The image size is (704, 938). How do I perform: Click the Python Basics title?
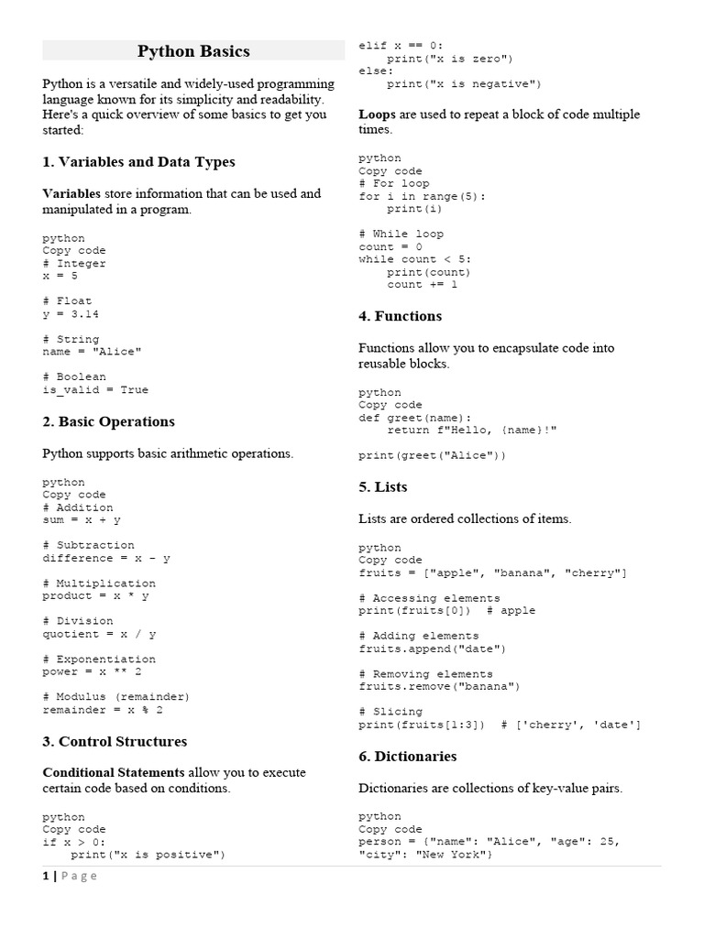click(193, 51)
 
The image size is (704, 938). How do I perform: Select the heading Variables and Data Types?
click(138, 162)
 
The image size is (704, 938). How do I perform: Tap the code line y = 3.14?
click(71, 313)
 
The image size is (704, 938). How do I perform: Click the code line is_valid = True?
click(95, 389)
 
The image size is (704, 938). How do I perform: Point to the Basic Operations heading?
click(108, 422)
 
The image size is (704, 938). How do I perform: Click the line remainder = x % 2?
click(103, 709)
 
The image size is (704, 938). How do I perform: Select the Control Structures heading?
click(115, 742)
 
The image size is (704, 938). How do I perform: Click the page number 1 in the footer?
click(46, 876)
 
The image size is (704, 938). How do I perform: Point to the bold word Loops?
click(377, 115)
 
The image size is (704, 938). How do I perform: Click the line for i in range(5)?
click(423, 196)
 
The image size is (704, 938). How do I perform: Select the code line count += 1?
click(422, 284)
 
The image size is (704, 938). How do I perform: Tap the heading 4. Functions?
click(400, 316)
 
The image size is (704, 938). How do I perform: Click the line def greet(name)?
click(414, 418)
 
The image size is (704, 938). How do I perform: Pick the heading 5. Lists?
click(383, 487)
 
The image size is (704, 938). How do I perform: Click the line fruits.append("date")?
click(432, 649)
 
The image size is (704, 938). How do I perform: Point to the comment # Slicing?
click(390, 712)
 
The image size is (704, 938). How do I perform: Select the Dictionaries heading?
click(407, 757)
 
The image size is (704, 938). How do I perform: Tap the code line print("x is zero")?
click(450, 59)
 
